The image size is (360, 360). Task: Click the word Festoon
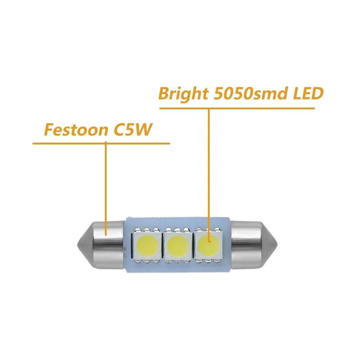coord(76,130)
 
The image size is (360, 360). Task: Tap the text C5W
coord(133,130)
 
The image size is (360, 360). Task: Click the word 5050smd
coord(251,94)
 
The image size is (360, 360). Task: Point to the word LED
coord(308,94)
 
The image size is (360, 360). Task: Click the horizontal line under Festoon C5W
coord(101,144)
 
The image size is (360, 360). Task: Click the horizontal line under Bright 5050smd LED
coord(237,108)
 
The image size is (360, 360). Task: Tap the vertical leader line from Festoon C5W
coord(106,189)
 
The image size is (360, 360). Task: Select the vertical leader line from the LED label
coord(209,175)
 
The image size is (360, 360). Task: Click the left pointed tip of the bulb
coord(77,245)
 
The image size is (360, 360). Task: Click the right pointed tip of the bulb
coord(277,245)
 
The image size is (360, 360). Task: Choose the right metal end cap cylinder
coord(246,245)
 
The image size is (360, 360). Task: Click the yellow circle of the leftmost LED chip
coord(147,246)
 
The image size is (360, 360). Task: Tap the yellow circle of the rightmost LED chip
coord(209,246)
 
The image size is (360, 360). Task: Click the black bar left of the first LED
coord(132,246)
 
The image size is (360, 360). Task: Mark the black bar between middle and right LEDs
coord(193,246)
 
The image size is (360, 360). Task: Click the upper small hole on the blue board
coord(125,249)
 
